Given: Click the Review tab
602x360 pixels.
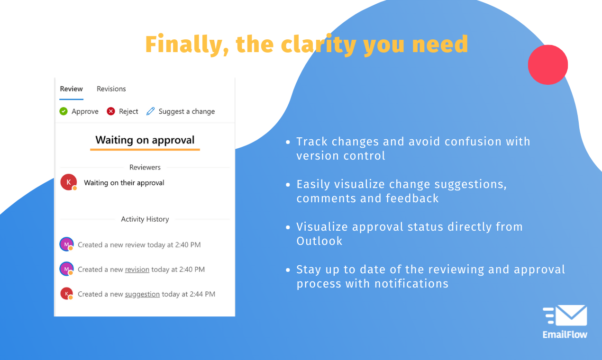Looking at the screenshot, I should point(71,89).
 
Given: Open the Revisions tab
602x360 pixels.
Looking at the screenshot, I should point(111,89).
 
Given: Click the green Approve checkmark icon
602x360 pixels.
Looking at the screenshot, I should point(64,111).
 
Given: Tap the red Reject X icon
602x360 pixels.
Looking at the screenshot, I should point(111,111).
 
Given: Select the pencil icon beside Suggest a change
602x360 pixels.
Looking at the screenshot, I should point(151,111).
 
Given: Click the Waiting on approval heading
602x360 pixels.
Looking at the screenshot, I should point(145,140).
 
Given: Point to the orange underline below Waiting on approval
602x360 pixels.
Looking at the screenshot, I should point(145,150).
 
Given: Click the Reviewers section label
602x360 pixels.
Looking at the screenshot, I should point(145,167).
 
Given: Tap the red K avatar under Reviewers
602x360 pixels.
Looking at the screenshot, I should point(69,182).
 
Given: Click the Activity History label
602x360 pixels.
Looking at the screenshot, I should point(145,219).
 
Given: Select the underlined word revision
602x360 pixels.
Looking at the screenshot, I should point(137,270).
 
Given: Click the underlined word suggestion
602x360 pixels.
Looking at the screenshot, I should point(142,294).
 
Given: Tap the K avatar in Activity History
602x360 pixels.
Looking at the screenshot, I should point(66,294).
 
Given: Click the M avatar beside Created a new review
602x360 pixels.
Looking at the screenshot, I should point(66,244).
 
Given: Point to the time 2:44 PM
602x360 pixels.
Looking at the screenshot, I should point(202,294).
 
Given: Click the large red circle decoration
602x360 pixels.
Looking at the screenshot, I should point(548,65).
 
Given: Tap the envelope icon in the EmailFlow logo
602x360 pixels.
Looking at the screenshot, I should point(571,315).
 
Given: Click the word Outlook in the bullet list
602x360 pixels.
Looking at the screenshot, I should point(319,241).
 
